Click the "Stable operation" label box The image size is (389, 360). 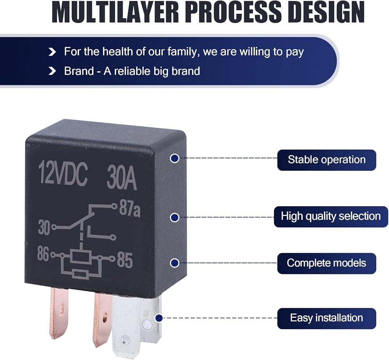point(326,160)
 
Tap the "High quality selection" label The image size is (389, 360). point(331,216)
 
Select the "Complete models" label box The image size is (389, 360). point(326,263)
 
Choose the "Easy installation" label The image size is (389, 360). point(326,318)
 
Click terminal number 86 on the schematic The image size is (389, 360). point(44,255)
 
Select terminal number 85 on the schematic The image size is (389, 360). point(125,261)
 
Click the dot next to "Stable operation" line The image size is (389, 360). point(175,158)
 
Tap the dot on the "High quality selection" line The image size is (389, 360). point(175,218)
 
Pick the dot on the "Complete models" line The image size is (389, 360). point(175,263)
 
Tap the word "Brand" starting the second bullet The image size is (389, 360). point(79,71)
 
